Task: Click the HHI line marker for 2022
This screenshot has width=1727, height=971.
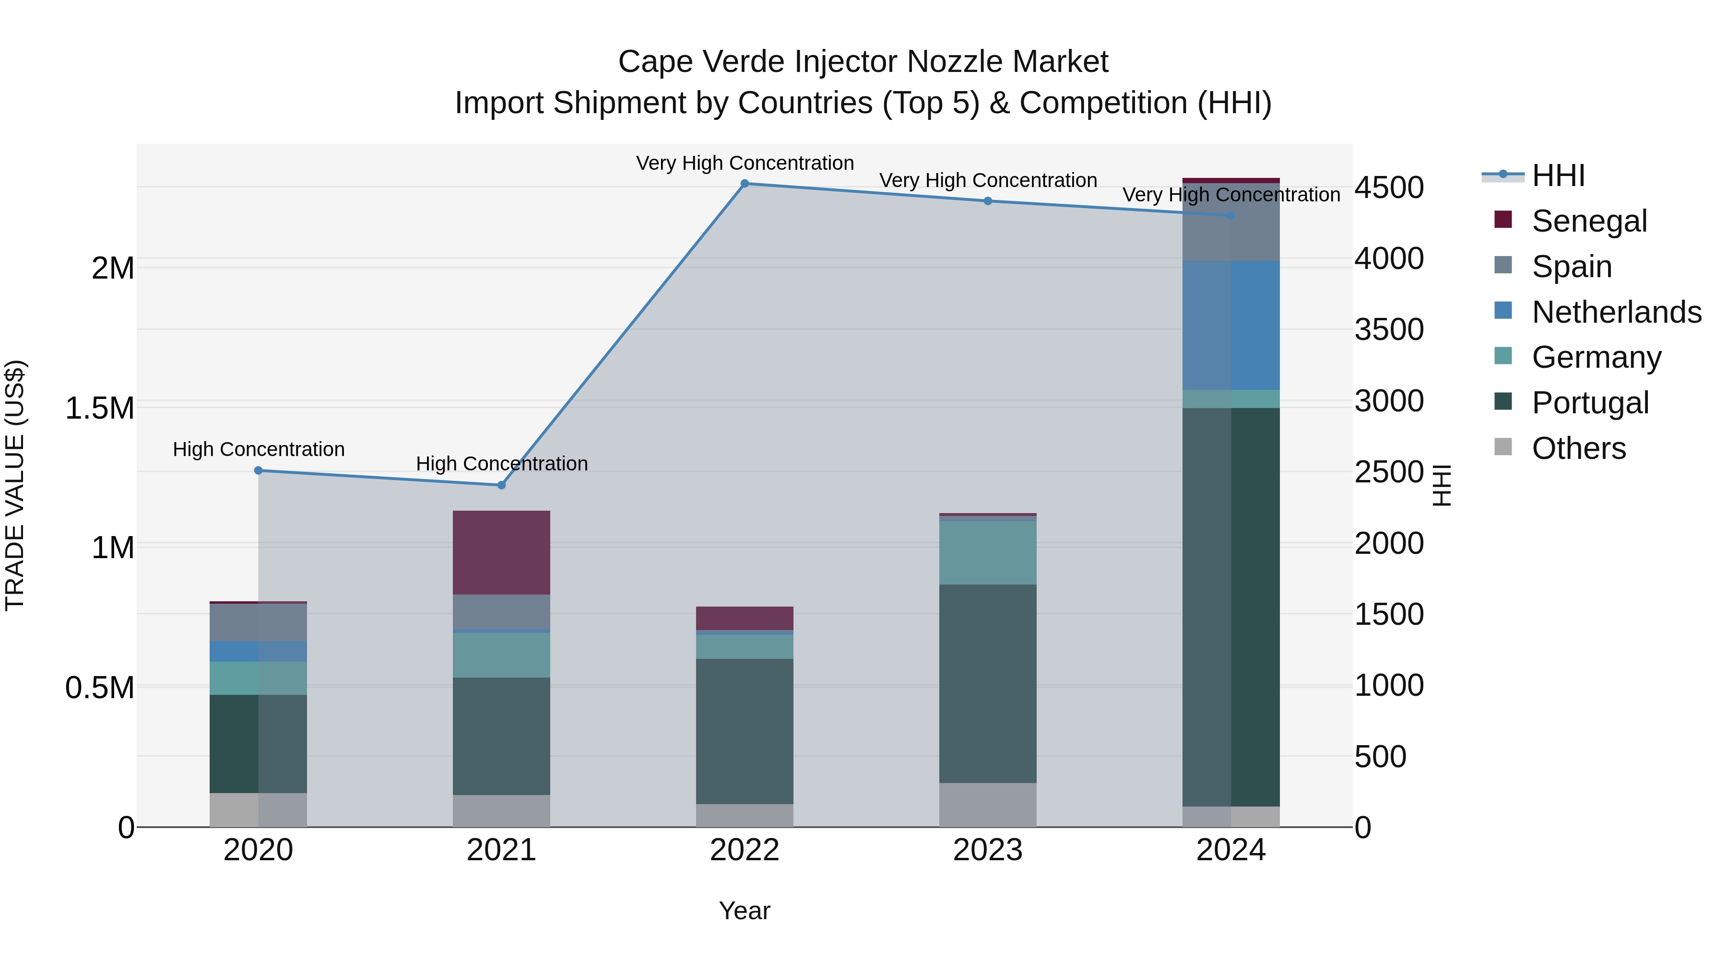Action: tap(744, 184)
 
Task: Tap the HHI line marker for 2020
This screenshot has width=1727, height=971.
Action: tap(258, 470)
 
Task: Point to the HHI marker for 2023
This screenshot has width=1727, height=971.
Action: tap(988, 201)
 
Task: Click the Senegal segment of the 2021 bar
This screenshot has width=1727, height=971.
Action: tap(501, 553)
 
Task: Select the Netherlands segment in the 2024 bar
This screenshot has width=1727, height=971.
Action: tap(1231, 325)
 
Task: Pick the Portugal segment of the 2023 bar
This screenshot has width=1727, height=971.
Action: tap(988, 683)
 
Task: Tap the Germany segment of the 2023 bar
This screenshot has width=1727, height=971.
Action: tap(988, 553)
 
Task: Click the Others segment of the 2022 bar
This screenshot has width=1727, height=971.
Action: tap(744, 816)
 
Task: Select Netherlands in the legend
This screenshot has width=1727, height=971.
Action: tap(1616, 312)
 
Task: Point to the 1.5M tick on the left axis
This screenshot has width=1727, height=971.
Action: tap(100, 409)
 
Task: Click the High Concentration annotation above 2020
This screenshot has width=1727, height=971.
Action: tap(259, 449)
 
